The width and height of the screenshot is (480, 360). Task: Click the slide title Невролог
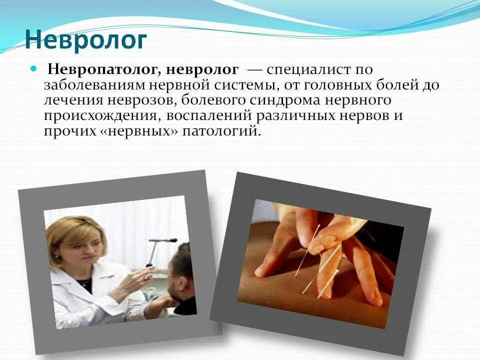[x=85, y=40]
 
